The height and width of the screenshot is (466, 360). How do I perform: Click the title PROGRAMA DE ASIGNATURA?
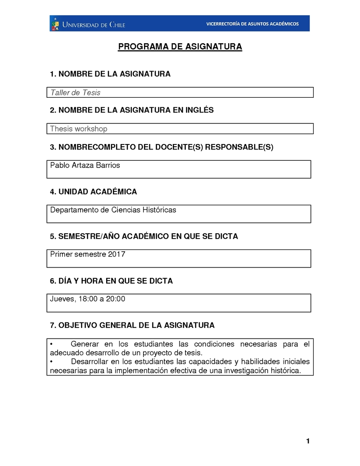pyautogui.click(x=180, y=47)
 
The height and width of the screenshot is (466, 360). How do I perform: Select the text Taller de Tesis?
pyautogui.click(x=75, y=93)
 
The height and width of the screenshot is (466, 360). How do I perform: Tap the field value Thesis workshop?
pyautogui.click(x=79, y=129)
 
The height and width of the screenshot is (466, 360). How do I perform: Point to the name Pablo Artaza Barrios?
pyautogui.click(x=85, y=165)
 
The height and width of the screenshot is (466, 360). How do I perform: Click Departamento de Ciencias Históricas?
pyautogui.click(x=113, y=210)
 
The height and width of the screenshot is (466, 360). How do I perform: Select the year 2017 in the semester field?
pyautogui.click(x=117, y=254)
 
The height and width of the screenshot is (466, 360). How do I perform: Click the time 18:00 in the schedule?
pyautogui.click(x=88, y=299)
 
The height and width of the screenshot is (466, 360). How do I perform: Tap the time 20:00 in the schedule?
pyautogui.click(x=116, y=299)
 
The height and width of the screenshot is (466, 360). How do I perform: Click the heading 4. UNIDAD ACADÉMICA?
pyautogui.click(x=94, y=192)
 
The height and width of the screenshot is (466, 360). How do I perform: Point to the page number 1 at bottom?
pyautogui.click(x=308, y=441)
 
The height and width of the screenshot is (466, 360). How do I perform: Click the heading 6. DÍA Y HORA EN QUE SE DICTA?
pyautogui.click(x=112, y=281)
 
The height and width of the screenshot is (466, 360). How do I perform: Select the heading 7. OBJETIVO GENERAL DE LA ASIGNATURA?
pyautogui.click(x=132, y=325)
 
